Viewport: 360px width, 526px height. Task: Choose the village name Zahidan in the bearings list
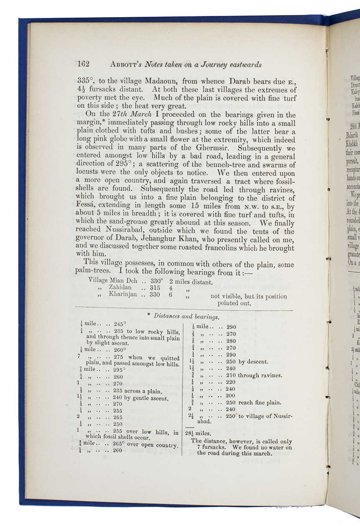120,288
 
